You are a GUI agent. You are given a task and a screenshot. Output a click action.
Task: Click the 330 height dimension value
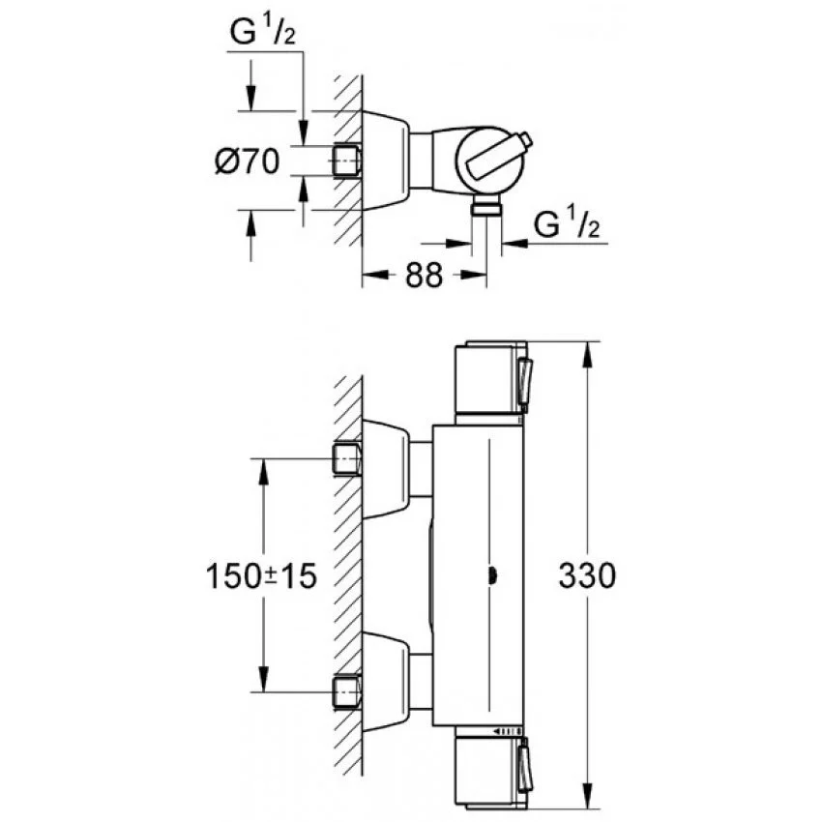tap(587, 575)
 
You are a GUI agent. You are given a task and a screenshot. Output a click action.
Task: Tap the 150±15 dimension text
tap(261, 575)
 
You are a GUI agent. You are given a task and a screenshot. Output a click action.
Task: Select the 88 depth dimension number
tap(424, 275)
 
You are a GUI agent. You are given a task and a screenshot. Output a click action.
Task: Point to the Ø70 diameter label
tap(247, 161)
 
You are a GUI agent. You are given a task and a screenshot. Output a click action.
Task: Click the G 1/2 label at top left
tap(263, 32)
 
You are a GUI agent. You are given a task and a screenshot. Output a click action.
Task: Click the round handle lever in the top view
tap(499, 157)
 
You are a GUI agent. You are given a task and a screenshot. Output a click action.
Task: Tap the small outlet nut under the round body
tap(487, 208)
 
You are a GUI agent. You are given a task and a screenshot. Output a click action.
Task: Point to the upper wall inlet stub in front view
tap(347, 459)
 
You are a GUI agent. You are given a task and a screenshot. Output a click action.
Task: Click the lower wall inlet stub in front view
tap(347, 692)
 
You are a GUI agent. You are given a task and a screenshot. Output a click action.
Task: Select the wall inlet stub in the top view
tap(347, 161)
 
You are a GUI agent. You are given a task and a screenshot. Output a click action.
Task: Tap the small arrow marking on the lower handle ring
tap(506, 731)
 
